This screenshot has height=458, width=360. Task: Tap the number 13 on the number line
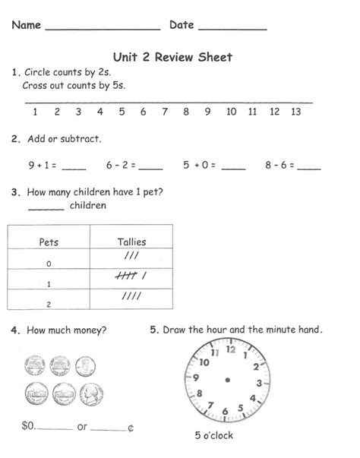[296, 112]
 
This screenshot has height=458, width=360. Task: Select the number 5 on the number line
[122, 112]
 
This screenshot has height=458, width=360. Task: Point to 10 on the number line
[232, 112]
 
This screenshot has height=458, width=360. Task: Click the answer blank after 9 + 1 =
[74, 167]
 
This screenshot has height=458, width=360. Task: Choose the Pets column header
[48, 242]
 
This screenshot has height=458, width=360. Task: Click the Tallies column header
[131, 242]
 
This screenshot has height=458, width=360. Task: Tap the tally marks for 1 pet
[131, 277]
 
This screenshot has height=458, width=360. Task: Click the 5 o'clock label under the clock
[214, 436]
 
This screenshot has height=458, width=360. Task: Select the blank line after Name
[103, 27]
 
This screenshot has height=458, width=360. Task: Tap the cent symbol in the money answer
[130, 428]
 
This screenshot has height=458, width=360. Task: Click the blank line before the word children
[46, 207]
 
